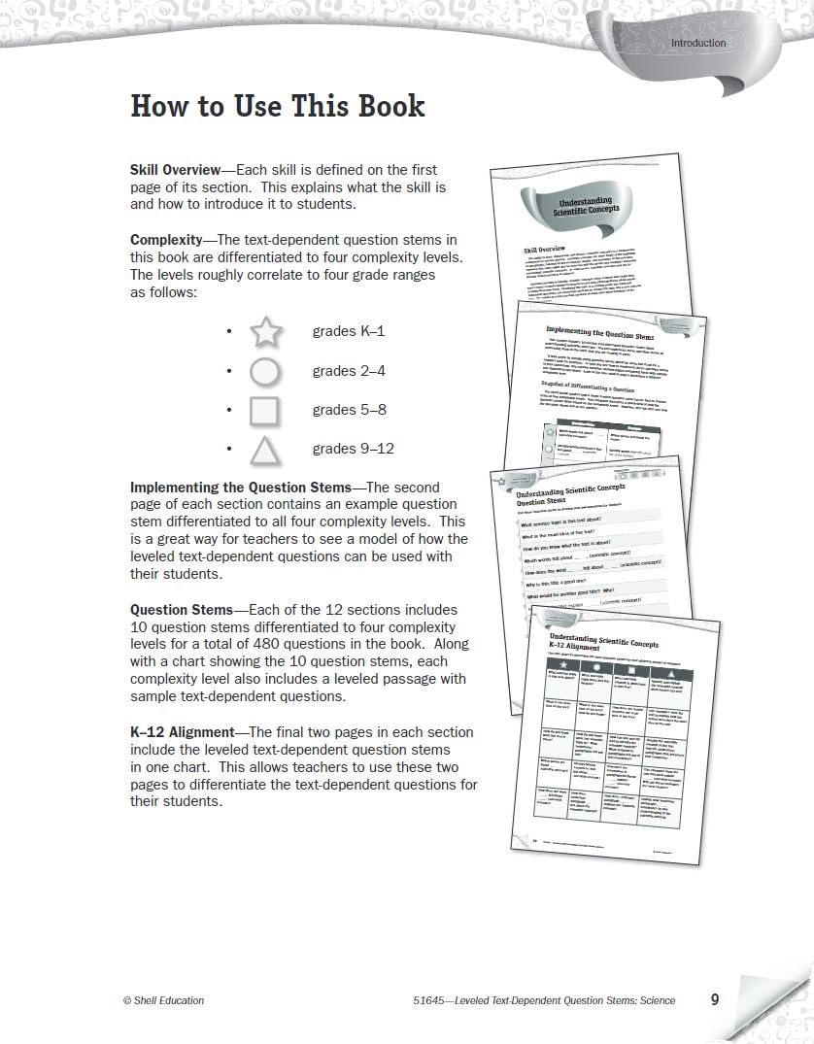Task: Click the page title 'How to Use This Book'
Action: pos(277,106)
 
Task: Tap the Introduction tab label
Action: pos(697,43)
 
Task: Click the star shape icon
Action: pos(265,332)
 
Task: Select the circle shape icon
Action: pos(265,372)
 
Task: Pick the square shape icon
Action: pos(265,411)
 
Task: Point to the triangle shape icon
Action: pos(265,451)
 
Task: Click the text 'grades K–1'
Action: pos(349,331)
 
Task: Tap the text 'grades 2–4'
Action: pos(349,371)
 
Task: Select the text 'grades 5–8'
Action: pos(349,410)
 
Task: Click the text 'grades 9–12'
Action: pos(353,449)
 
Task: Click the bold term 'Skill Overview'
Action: pos(176,170)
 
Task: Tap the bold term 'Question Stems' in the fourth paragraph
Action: pos(182,610)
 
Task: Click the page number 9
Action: pos(714,998)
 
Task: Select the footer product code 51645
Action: pos(427,1000)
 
